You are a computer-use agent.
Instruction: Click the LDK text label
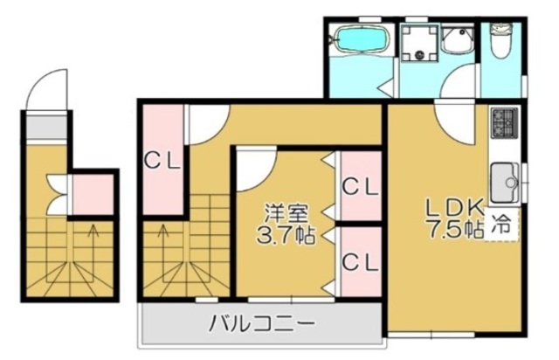pyautogui.click(x=454, y=207)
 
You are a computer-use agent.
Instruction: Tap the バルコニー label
pyautogui.click(x=261, y=325)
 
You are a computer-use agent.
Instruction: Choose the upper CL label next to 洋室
pyautogui.click(x=360, y=186)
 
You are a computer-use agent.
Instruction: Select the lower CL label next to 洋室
pyautogui.click(x=360, y=260)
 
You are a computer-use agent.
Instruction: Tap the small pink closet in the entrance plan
pyautogui.click(x=93, y=196)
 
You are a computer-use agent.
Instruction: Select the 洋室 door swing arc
pyautogui.click(x=255, y=170)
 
